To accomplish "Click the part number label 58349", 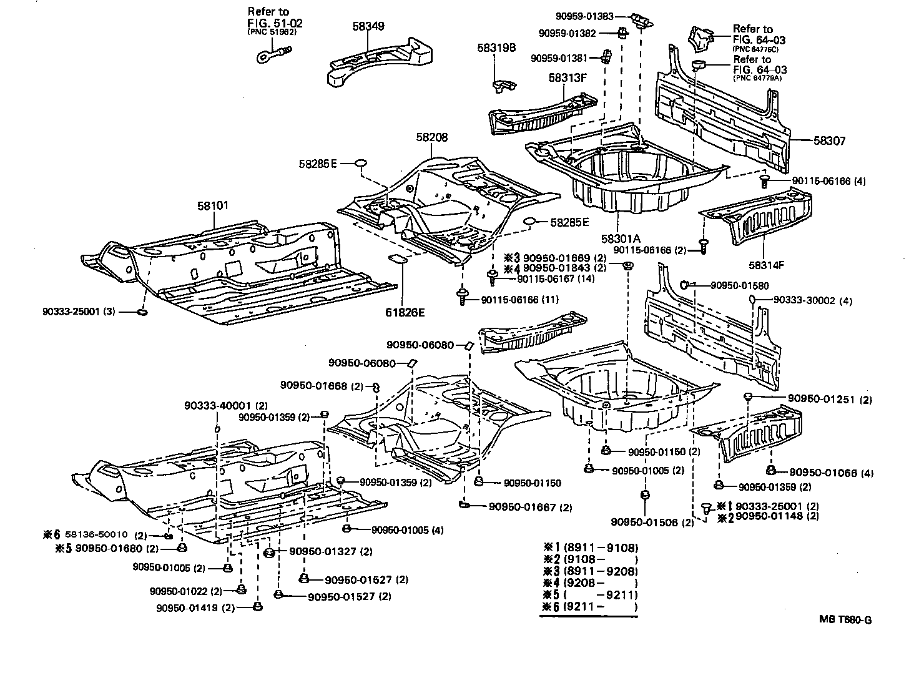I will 368,26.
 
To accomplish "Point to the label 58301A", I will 621,238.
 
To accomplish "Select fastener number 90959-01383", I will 584,15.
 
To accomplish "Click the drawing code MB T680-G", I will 845,620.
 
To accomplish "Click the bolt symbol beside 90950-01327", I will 269,553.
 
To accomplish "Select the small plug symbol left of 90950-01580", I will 685,285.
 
